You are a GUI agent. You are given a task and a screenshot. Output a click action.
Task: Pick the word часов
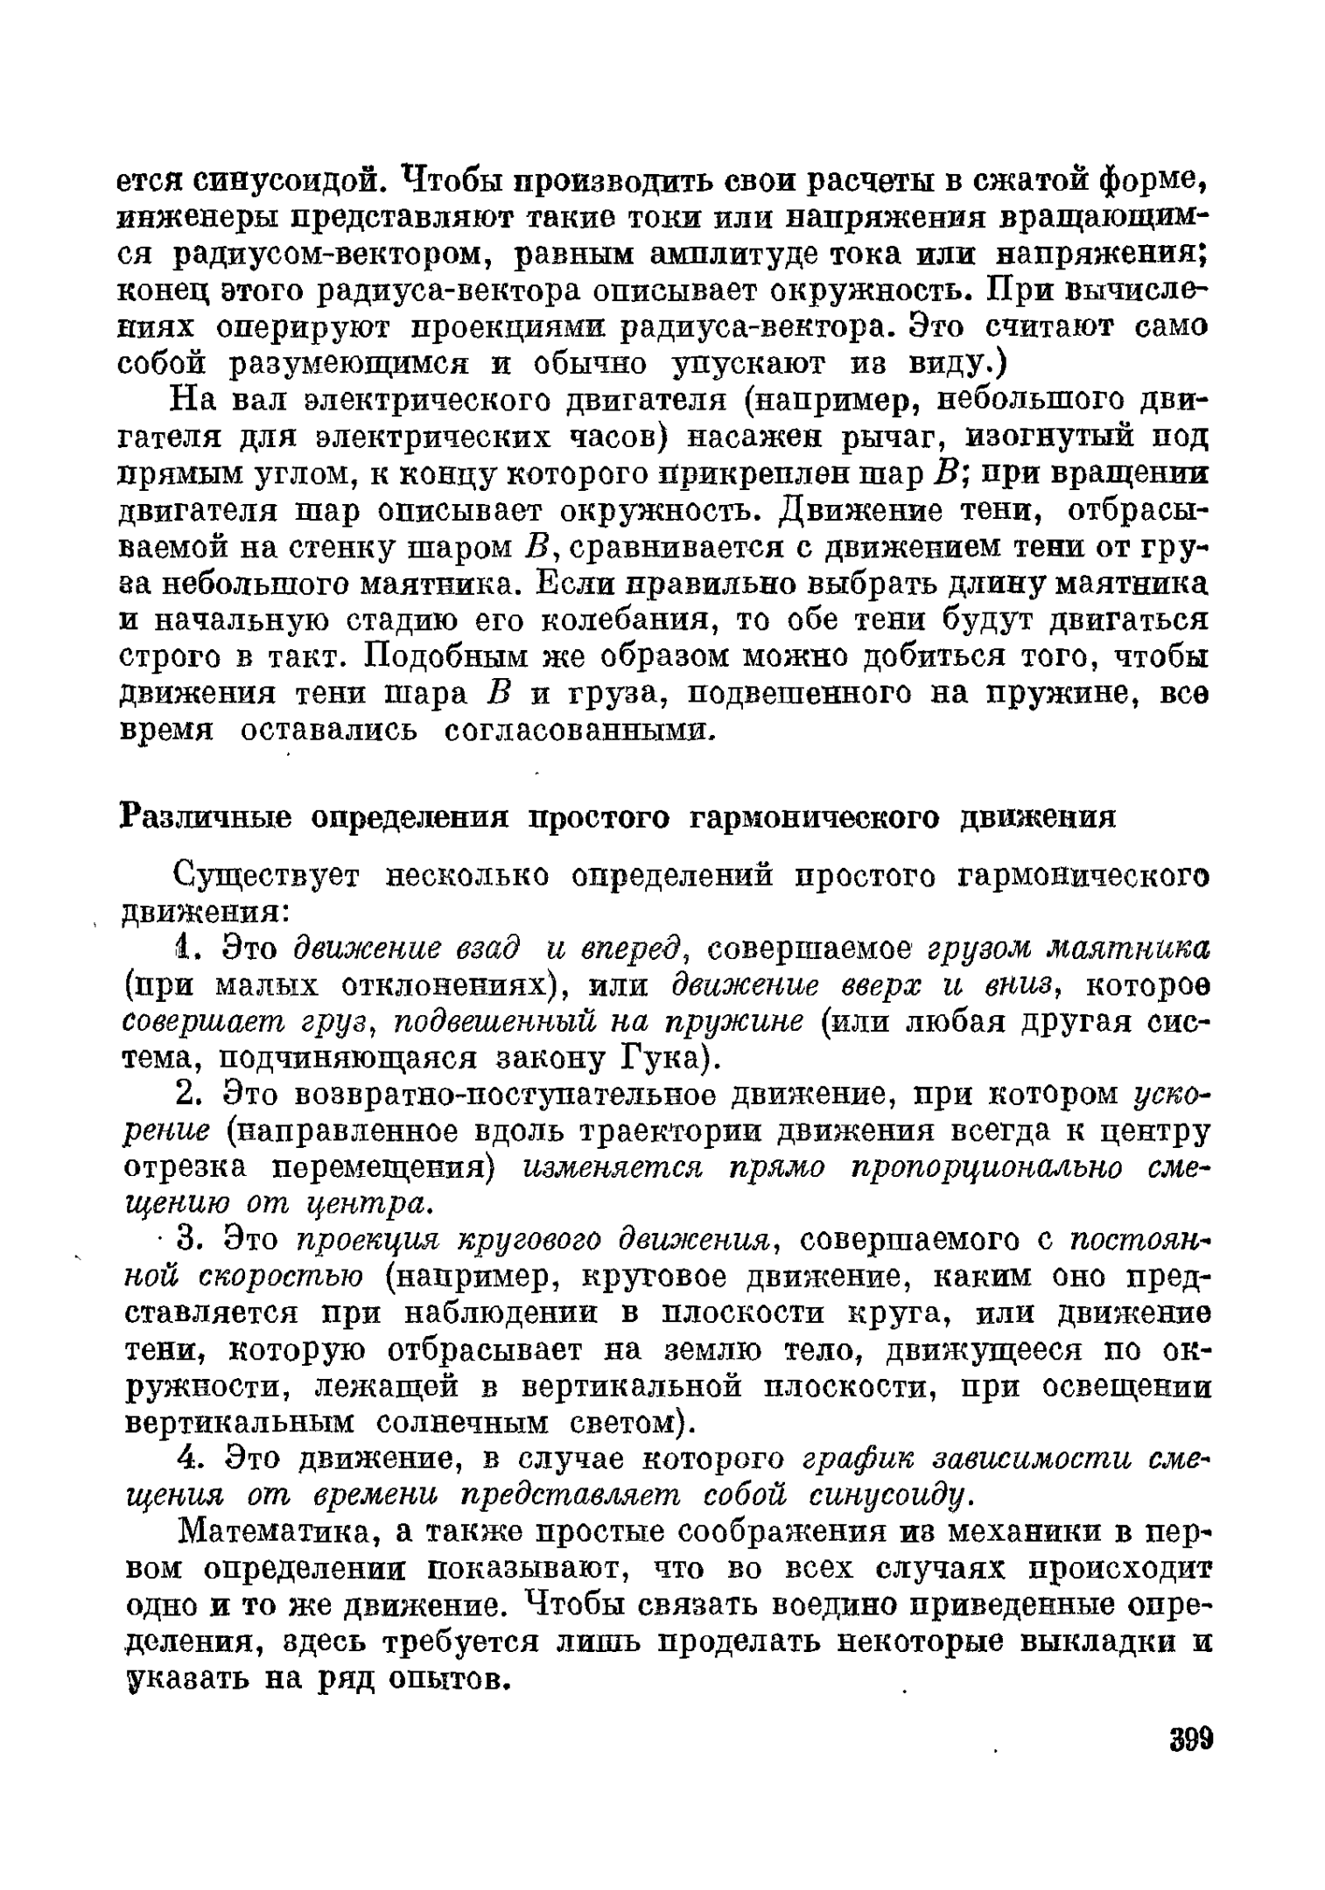coord(618,435)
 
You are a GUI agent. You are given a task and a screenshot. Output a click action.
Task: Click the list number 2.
coord(184,1095)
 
